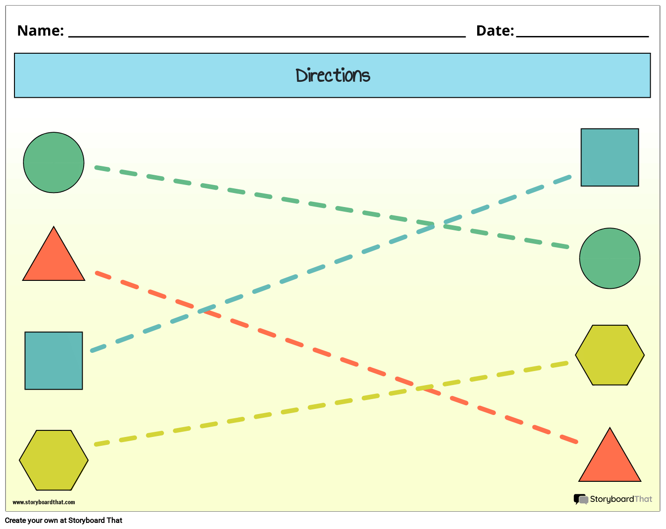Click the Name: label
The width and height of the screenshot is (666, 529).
click(x=40, y=31)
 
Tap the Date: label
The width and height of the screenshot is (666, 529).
click(x=494, y=31)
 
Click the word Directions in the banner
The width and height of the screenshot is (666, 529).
click(x=333, y=75)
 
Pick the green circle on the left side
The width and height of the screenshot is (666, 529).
click(x=54, y=163)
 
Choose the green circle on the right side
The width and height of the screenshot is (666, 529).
click(x=609, y=258)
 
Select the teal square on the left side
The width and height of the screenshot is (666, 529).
click(x=54, y=361)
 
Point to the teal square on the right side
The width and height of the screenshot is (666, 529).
click(x=609, y=157)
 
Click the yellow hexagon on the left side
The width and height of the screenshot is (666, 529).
click(x=54, y=460)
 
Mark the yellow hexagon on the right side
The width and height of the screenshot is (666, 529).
click(x=609, y=355)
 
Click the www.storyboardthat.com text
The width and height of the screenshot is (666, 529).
click(x=43, y=502)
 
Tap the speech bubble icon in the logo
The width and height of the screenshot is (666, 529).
click(x=580, y=500)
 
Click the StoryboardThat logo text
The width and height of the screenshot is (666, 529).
click(x=621, y=499)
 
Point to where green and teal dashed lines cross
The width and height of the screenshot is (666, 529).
click(x=432, y=225)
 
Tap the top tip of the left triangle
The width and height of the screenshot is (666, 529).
click(x=54, y=228)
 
